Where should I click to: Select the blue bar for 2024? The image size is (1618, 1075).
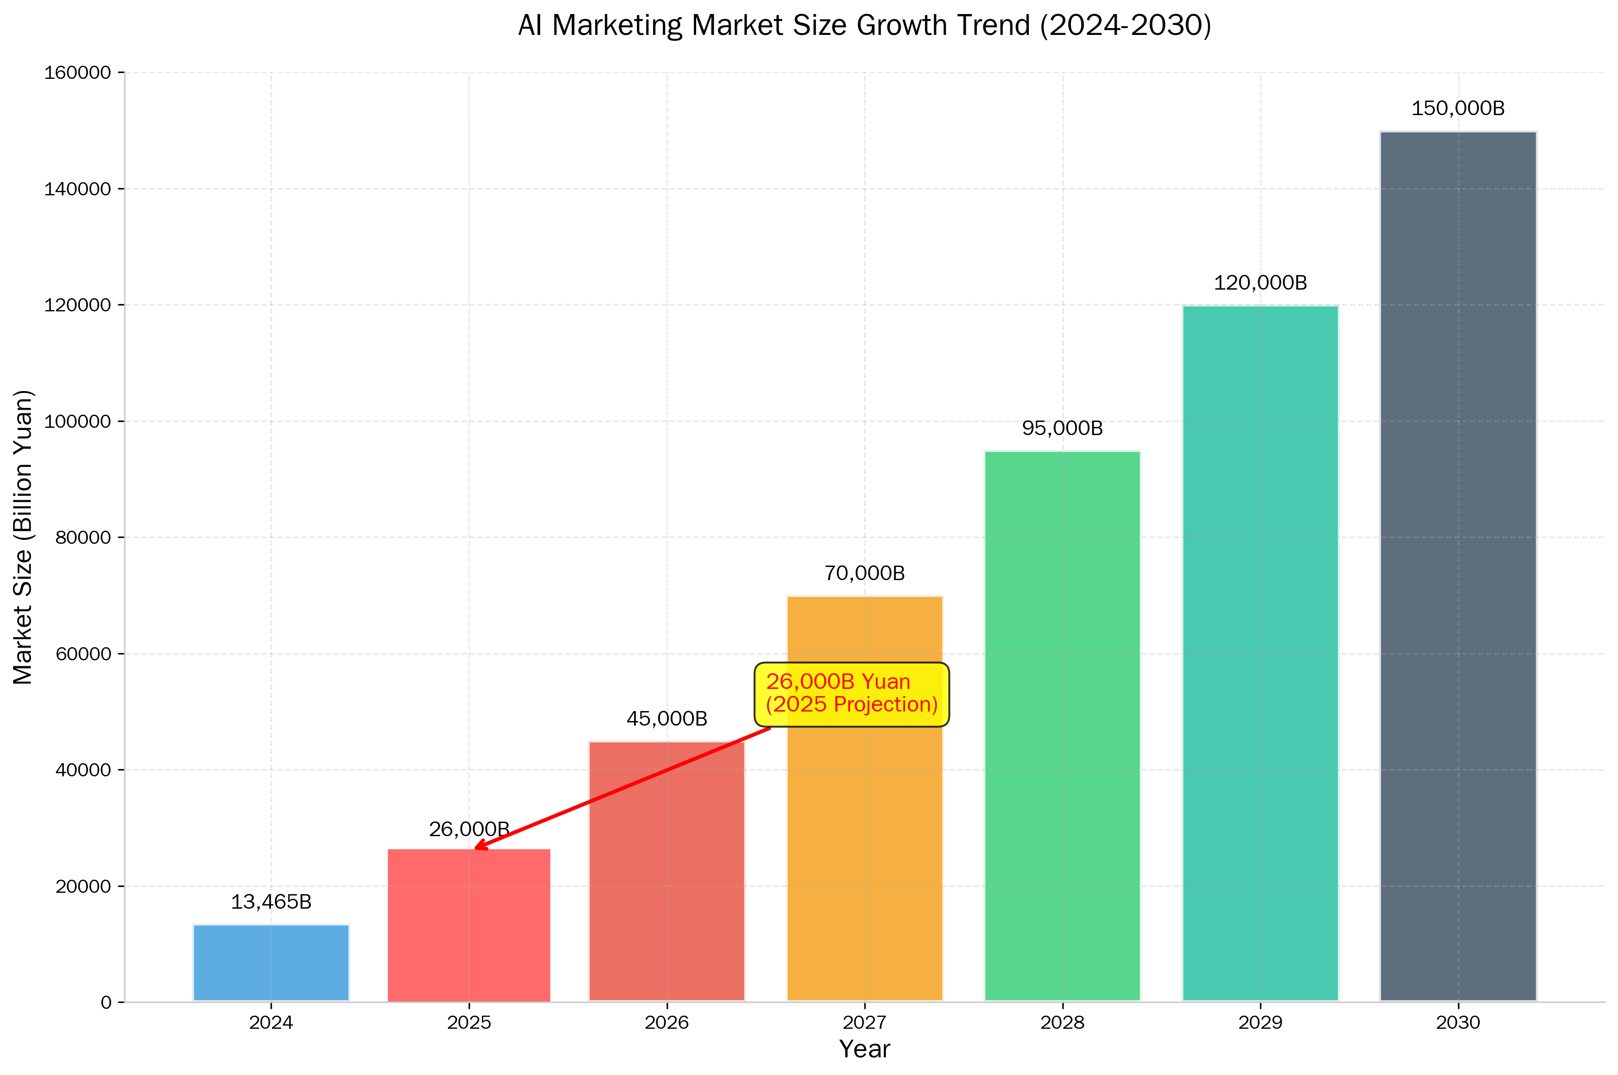271,963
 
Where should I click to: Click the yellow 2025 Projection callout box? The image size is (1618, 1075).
852,694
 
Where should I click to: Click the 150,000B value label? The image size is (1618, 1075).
1458,108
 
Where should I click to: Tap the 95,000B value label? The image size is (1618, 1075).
1062,428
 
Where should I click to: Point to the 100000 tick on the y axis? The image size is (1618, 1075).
78,421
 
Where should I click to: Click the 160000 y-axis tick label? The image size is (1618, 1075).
78,73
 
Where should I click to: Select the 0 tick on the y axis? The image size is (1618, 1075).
106,1002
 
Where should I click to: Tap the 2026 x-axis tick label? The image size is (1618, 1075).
666,1022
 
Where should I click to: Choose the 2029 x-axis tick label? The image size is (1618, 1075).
1260,1022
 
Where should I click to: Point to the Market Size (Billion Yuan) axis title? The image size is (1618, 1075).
23,537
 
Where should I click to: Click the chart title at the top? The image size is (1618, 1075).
865,25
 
